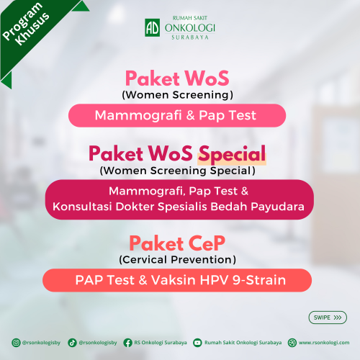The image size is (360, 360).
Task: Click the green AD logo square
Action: pos(152,28)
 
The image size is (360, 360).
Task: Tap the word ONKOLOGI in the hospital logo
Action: pos(190,28)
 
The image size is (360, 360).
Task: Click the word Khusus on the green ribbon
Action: pos(32,29)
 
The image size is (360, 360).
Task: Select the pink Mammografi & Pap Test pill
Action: pos(177,115)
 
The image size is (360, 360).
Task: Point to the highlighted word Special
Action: pos(232,154)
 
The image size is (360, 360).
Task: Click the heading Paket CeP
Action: pos(177,243)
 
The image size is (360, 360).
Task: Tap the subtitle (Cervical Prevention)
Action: pos(177,260)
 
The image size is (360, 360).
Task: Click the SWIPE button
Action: pos(328,318)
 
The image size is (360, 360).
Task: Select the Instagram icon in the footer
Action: pos(16,343)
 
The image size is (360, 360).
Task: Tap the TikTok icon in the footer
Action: pos(72,343)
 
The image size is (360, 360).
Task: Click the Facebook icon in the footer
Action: pos(127,343)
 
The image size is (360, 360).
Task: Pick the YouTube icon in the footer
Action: pos(197,343)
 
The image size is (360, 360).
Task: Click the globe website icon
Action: pos(292,343)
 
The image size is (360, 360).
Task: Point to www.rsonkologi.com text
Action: pos(324,343)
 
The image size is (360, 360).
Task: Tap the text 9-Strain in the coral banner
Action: pos(259,280)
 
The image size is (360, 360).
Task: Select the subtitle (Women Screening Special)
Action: pos(178,171)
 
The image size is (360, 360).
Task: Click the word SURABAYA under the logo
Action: pos(190,37)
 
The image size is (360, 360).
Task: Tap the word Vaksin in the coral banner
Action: pos(174,280)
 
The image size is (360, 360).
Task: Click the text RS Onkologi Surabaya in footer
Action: pos(161,343)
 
